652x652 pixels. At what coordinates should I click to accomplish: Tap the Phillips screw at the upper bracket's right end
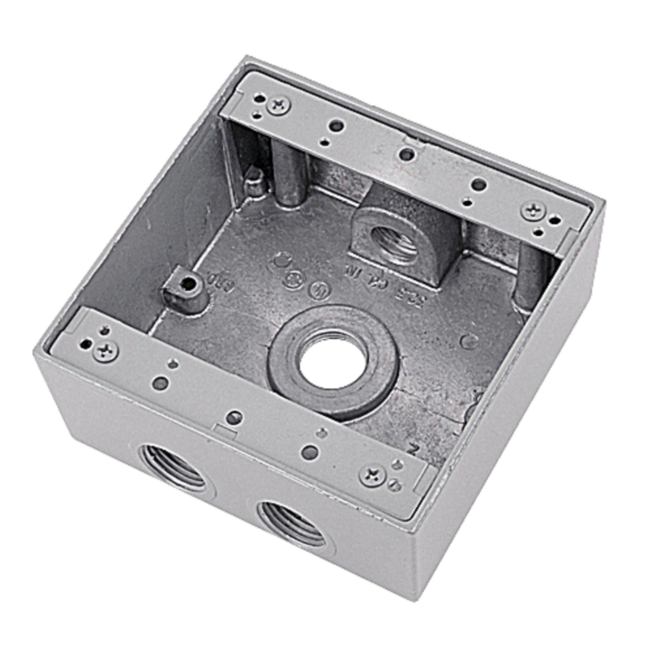pyautogui.click(x=534, y=211)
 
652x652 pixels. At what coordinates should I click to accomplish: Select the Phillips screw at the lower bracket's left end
pyautogui.click(x=106, y=351)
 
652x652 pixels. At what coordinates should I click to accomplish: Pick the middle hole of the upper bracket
pyautogui.click(x=407, y=155)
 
